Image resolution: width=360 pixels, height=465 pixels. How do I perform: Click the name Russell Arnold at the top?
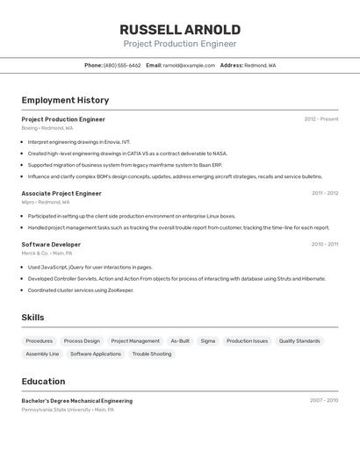click(179, 29)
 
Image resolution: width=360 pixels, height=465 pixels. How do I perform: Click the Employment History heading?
click(65, 100)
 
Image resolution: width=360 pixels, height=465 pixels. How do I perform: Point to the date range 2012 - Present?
click(320, 119)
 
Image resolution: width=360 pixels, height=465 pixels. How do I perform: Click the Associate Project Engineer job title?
click(61, 193)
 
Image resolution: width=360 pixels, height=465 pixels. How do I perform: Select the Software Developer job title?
click(51, 245)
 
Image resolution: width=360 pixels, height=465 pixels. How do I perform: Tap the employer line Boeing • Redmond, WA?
click(47, 128)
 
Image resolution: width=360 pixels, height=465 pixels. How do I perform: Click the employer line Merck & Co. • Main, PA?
click(47, 254)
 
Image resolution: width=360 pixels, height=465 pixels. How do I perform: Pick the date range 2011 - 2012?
click(324, 193)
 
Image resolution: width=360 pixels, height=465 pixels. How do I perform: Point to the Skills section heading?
click(33, 318)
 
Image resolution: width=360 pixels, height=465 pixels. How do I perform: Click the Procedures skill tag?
click(39, 340)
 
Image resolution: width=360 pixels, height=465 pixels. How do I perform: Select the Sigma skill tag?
click(207, 340)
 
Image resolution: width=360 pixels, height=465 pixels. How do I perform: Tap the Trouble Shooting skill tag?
click(152, 354)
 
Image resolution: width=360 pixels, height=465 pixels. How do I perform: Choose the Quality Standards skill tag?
click(299, 340)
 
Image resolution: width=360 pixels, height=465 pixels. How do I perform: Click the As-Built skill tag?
click(180, 340)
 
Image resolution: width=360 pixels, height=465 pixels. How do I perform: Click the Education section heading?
click(43, 382)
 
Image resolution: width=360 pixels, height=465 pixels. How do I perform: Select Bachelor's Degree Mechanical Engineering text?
click(77, 401)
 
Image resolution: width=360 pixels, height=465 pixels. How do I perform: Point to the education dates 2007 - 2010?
click(323, 401)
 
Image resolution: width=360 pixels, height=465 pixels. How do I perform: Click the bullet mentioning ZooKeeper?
click(81, 290)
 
